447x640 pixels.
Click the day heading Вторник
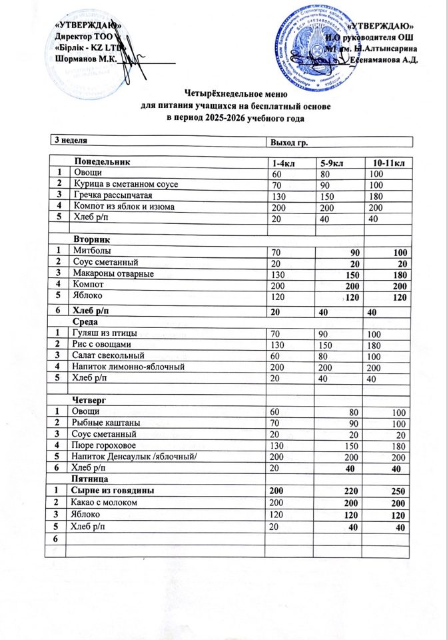[x=94, y=238]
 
